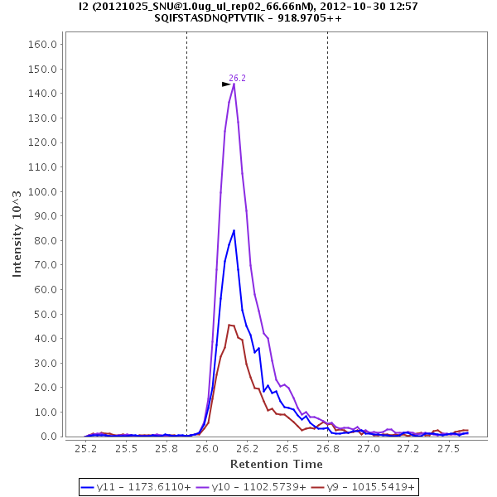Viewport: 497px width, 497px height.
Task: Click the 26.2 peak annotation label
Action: point(237,78)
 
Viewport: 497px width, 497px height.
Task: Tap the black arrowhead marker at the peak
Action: point(226,84)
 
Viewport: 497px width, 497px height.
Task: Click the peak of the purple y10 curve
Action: point(234,84)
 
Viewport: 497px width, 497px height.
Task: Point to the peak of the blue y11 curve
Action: point(234,230)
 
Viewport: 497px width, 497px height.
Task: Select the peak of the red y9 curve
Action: point(229,325)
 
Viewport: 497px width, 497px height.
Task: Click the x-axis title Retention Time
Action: point(277,464)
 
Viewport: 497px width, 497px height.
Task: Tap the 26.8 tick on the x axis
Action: point(328,448)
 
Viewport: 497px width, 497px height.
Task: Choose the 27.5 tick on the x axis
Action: point(449,448)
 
